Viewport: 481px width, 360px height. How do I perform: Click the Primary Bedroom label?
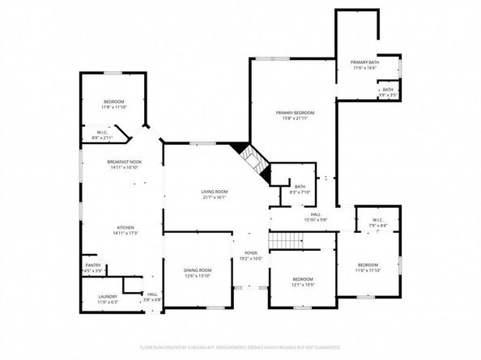(295, 112)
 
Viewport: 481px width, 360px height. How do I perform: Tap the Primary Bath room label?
(364, 62)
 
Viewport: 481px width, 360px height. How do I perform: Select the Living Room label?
(215, 191)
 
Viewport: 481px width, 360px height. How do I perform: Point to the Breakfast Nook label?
(124, 162)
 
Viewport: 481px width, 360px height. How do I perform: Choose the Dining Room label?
(198, 270)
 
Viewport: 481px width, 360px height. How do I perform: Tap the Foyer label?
(251, 253)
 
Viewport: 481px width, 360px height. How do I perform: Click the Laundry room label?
(108, 297)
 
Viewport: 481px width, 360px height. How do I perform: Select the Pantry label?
(93, 265)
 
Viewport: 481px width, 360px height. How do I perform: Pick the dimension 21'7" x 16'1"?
(215, 197)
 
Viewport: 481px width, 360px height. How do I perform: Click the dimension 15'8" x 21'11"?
(295, 118)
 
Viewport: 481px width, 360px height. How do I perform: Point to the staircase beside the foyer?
(284, 241)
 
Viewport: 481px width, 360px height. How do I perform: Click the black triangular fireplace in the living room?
(240, 149)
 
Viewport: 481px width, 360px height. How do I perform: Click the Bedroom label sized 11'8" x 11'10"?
(113, 101)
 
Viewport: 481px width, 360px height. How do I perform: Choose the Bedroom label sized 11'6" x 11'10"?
(368, 265)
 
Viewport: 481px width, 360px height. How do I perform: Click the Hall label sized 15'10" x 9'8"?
(316, 214)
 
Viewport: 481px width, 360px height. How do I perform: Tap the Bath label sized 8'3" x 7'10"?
(300, 187)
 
